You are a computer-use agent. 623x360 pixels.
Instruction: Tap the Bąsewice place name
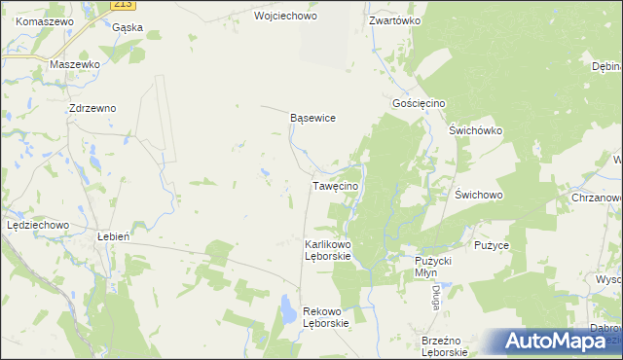coord(313,118)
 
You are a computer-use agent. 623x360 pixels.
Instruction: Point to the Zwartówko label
coord(394,19)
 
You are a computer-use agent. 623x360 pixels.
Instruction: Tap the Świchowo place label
coord(478,195)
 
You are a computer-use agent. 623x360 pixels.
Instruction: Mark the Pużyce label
coord(492,245)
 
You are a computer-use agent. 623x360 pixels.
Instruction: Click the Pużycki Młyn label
coord(434,267)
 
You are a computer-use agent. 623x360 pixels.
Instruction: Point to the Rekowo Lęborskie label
coord(326,317)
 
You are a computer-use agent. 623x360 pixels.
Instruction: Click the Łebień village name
coord(114,235)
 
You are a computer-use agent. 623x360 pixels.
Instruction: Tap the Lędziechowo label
coord(37,225)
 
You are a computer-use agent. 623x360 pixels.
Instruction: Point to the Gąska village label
coord(128,27)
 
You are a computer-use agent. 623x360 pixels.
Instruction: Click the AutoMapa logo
coord(555,342)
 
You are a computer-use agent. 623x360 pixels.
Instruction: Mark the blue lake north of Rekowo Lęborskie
coord(288,311)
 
